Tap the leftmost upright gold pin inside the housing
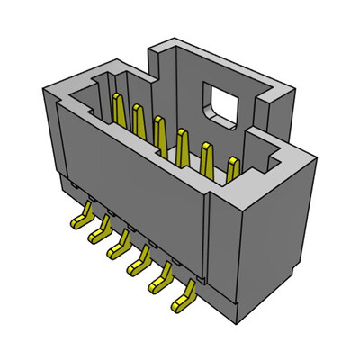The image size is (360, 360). (117, 108)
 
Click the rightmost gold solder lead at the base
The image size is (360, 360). (186, 297)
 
